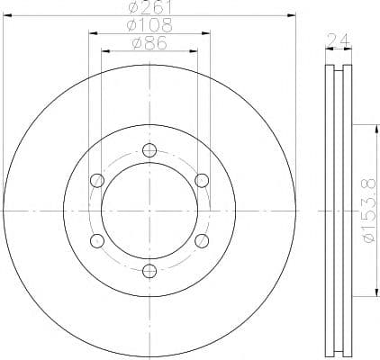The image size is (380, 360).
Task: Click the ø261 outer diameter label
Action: click(149, 6)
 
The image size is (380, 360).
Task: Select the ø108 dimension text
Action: click(149, 25)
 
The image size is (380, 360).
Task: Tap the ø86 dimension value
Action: click(149, 43)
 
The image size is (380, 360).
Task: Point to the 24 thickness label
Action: click(339, 40)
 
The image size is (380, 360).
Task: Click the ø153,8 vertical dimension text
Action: click(369, 211)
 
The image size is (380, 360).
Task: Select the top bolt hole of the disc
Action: click(149, 150)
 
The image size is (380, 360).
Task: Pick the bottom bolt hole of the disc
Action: click(149, 271)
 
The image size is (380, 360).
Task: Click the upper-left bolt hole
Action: click(97, 181)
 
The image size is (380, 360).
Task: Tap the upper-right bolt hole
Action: click(202, 181)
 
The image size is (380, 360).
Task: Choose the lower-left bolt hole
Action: click(97, 240)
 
